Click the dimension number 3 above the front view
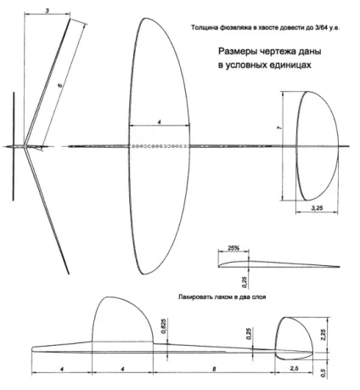point(48,11)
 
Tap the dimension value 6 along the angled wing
point(60,85)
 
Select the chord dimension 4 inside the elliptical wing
point(160,122)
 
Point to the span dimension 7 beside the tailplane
point(279,128)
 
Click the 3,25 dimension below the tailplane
point(317,208)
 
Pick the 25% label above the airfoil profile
point(233,248)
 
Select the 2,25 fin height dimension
point(324,335)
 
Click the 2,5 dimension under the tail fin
point(294,368)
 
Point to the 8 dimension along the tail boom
point(214,369)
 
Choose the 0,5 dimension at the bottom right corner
point(323,373)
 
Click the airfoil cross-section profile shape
point(278,264)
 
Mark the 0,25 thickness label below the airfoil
point(245,282)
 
